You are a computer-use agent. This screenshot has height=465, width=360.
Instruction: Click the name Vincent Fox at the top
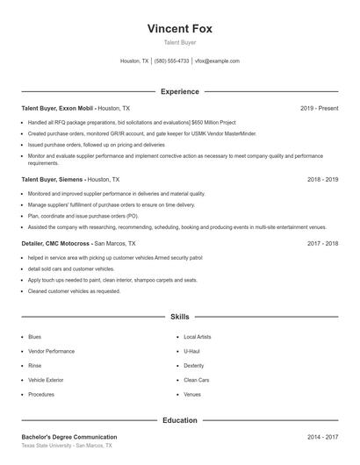pos(179,28)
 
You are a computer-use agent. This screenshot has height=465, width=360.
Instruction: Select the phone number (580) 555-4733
pos(171,61)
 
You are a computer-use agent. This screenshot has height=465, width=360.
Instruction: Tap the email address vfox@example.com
pos(217,61)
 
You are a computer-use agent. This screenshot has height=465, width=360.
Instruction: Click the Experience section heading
pos(179,91)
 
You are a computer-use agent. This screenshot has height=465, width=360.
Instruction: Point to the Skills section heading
pos(179,316)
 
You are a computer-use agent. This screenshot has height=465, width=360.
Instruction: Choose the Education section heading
pos(179,420)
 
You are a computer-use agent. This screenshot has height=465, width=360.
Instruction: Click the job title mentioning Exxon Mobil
pos(76,108)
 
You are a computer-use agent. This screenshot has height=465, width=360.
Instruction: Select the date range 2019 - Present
pos(319,108)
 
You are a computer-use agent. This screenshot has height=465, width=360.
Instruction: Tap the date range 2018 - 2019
pos(322,179)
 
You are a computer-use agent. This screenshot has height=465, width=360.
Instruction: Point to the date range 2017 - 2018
pos(322,243)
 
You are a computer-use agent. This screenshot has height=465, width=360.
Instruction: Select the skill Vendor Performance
pos(51,351)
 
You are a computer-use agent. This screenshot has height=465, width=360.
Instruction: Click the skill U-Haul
pos(192,351)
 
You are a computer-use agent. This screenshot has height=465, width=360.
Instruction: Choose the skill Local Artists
pos(198,337)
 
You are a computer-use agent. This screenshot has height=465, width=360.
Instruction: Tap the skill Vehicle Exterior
pos(46,380)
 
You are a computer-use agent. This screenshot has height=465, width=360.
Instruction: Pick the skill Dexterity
pos(194,366)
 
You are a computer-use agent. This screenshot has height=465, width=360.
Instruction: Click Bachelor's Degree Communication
pos(69,437)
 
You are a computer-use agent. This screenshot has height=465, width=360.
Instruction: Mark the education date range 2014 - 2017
pos(322,437)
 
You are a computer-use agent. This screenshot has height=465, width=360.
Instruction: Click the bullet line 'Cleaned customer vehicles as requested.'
pos(74,290)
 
